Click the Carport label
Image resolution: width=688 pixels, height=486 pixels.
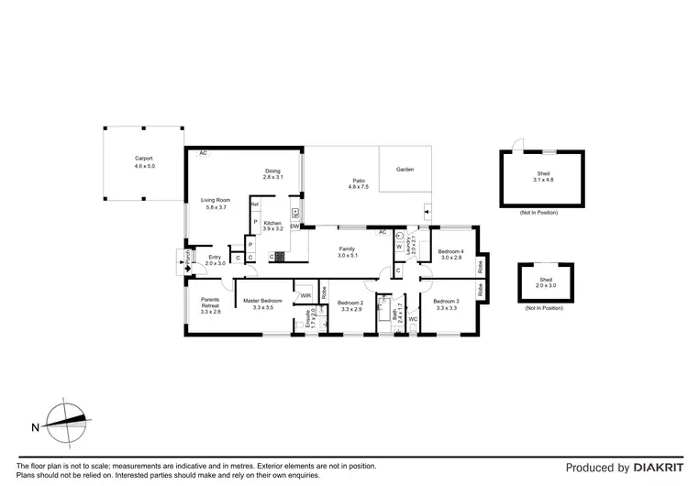[x=145, y=159]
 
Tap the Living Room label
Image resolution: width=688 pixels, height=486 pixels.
[x=216, y=200]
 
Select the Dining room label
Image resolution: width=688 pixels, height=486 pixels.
[x=272, y=171]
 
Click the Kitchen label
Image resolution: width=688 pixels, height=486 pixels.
[x=272, y=224]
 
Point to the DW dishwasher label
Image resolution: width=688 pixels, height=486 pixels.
[x=294, y=226]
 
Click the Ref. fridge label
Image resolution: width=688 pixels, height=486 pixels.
[x=255, y=204]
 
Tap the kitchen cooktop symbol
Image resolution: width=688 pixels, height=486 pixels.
[x=272, y=256]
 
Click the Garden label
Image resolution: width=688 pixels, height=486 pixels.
[x=405, y=170]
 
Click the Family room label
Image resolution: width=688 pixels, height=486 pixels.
[x=348, y=249]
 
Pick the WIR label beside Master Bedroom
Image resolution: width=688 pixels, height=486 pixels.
[x=305, y=295]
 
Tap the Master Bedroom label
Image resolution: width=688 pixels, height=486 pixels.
[x=262, y=301]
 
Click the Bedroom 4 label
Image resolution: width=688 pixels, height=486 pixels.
[x=450, y=251]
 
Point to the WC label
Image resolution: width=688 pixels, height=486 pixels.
[x=413, y=319]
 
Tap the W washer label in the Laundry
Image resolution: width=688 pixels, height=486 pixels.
[x=399, y=247]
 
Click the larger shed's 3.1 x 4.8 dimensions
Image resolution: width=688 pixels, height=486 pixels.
[x=544, y=179]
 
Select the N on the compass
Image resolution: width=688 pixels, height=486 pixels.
[x=35, y=426]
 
